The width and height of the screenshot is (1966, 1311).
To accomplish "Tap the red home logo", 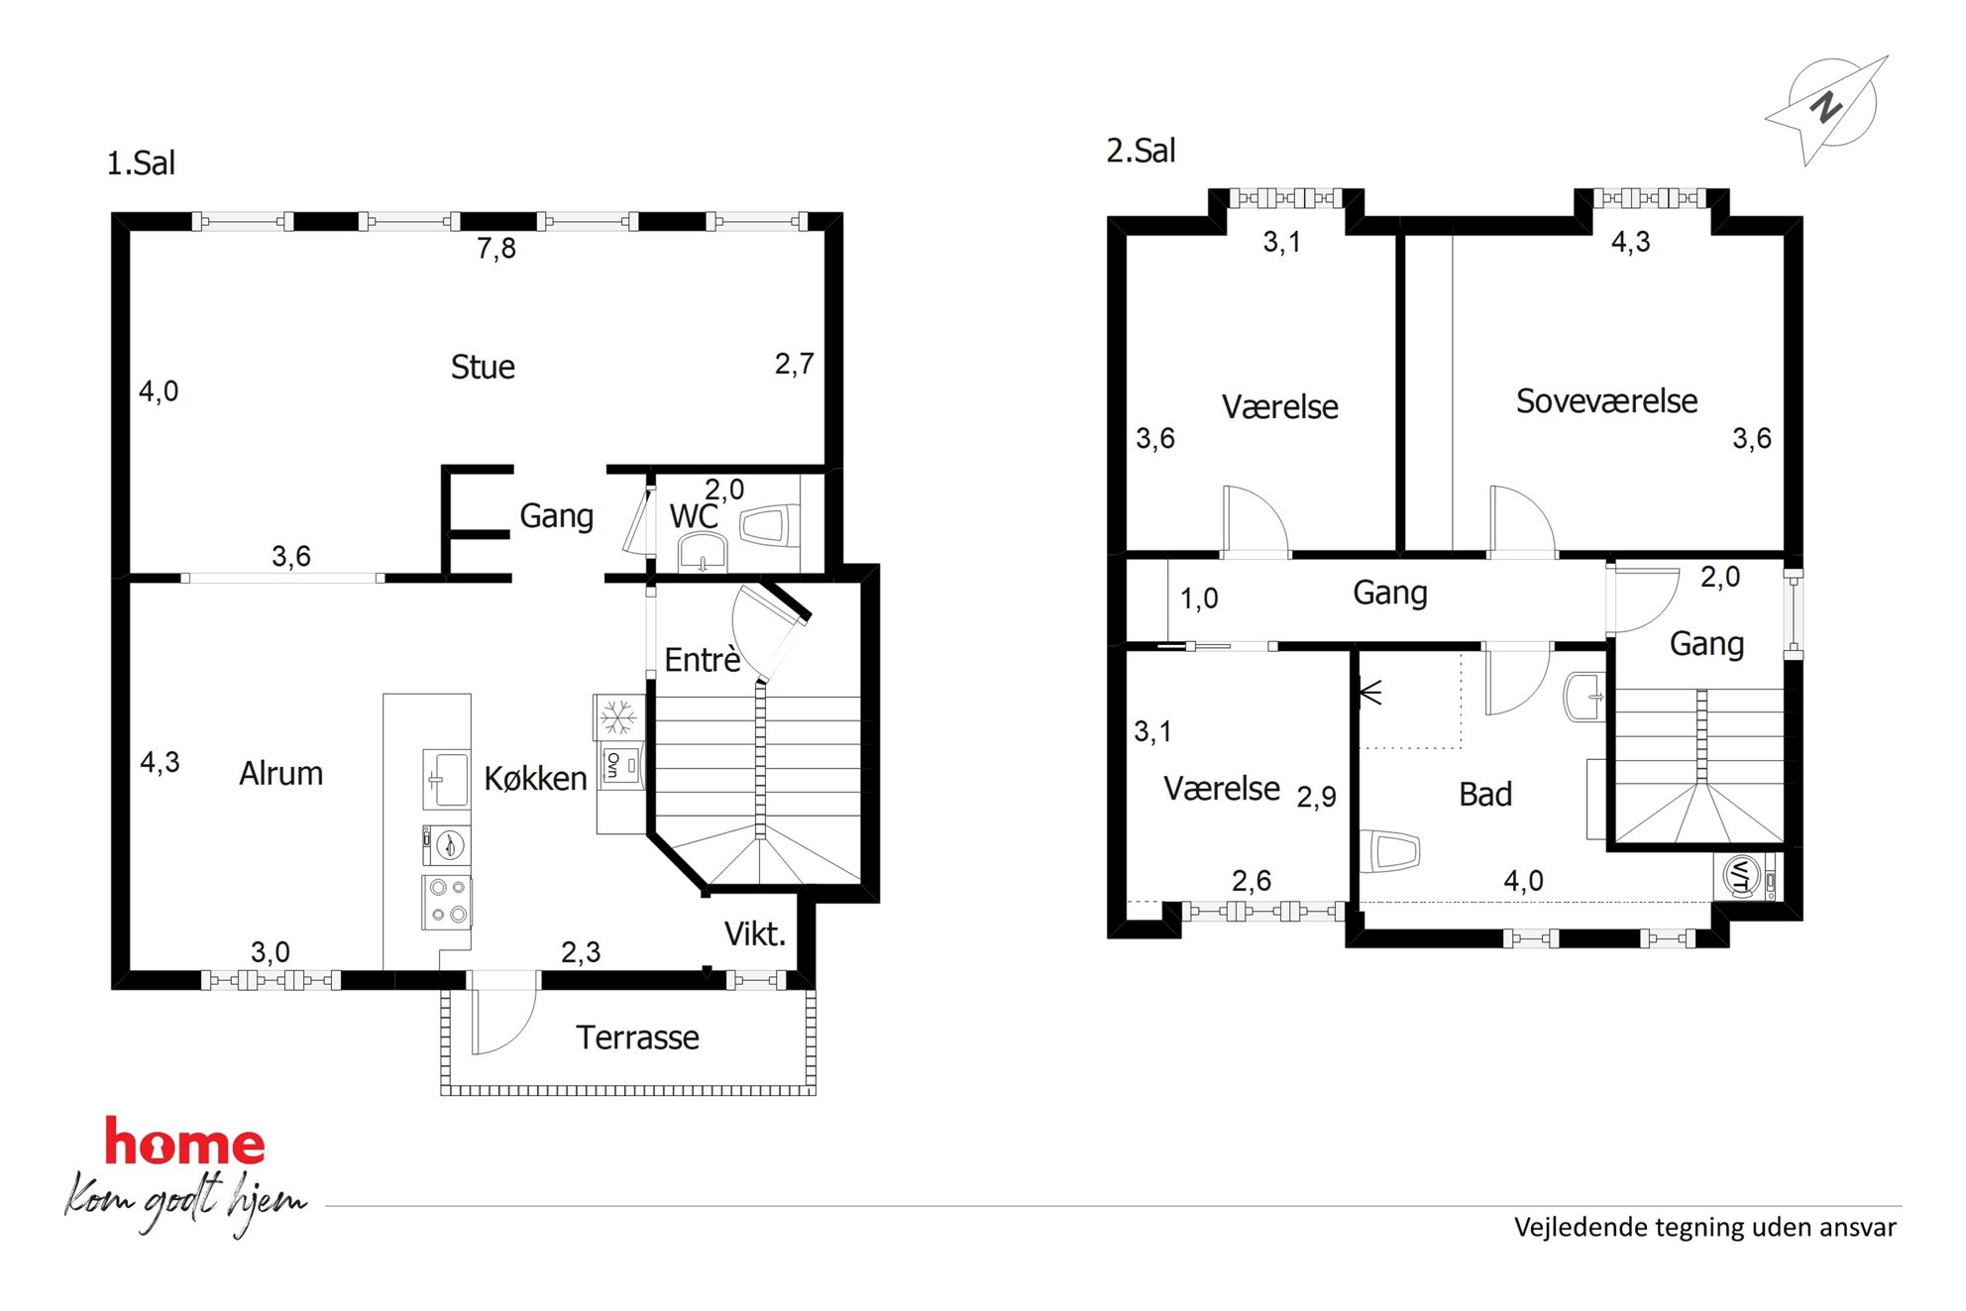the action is (x=185, y=1142).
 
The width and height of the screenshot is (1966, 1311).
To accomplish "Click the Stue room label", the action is (x=483, y=368).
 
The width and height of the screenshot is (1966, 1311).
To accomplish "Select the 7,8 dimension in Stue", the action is (x=496, y=248).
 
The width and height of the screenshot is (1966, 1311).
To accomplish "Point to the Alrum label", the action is (x=281, y=773).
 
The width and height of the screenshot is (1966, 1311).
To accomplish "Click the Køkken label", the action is (x=535, y=779).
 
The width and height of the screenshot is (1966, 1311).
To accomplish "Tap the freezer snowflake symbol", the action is (x=619, y=716).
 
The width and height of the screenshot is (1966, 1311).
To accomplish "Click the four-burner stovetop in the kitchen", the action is (x=447, y=902).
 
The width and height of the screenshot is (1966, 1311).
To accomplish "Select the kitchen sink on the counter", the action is (x=446, y=780).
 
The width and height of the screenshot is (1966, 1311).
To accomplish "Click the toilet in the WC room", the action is (x=770, y=525).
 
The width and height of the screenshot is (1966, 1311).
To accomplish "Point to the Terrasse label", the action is (x=638, y=1038).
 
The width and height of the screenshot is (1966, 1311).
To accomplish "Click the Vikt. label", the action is (x=755, y=933).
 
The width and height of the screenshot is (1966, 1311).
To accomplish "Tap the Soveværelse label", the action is (x=1606, y=401).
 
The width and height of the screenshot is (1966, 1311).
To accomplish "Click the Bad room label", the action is (x=1485, y=794).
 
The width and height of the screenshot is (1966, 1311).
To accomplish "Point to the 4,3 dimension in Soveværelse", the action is (x=1631, y=242).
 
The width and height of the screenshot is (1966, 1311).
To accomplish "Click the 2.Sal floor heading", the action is (x=1141, y=151).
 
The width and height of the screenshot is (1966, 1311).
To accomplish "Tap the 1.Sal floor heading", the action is (x=141, y=163).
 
